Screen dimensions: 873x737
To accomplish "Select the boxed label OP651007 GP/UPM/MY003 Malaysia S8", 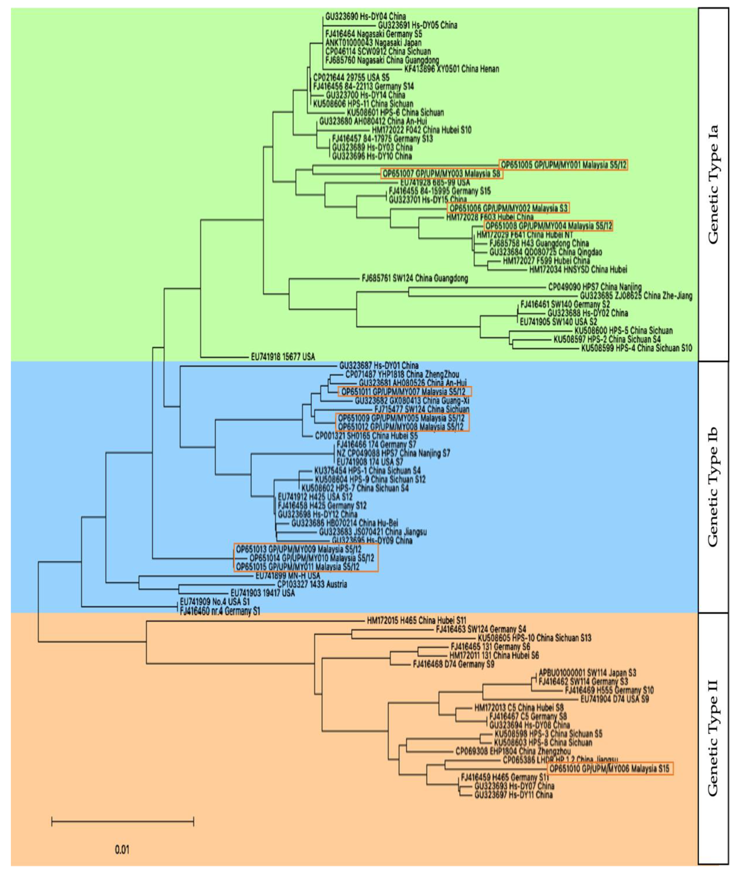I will (x=442, y=173).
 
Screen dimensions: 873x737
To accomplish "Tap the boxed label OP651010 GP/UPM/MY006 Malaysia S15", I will (x=610, y=769).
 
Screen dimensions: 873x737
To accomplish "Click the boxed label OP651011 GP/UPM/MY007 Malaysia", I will (x=404, y=392).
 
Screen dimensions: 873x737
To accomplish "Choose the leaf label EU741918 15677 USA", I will (x=283, y=357).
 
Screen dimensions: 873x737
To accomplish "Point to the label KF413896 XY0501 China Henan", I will (x=452, y=69).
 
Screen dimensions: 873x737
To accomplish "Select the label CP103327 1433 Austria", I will (x=312, y=584).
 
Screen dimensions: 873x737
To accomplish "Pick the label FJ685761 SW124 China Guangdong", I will (x=415, y=278).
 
